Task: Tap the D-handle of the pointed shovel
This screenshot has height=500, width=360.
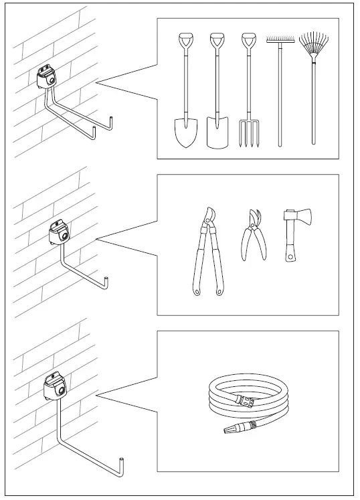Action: tap(185, 39)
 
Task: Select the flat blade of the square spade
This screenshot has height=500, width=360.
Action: tap(216, 133)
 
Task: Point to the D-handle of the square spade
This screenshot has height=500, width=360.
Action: tap(216, 39)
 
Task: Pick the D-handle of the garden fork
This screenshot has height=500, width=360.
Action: tap(248, 39)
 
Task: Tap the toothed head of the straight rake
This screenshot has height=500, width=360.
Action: tap(280, 41)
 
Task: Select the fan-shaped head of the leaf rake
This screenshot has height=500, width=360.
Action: tap(312, 45)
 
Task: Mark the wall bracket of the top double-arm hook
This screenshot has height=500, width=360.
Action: tap(48, 76)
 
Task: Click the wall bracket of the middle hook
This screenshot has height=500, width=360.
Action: tap(59, 232)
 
